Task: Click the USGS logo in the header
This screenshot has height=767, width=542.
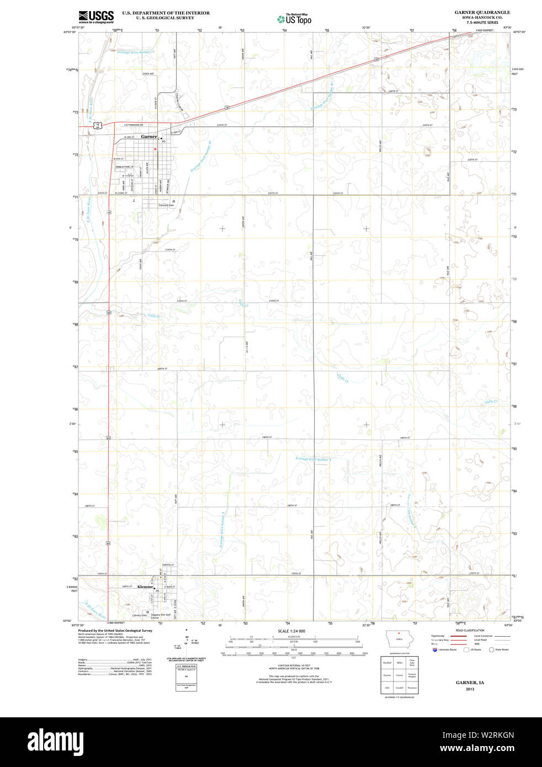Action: (x=96, y=16)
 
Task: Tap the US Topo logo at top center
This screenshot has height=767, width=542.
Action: (x=295, y=19)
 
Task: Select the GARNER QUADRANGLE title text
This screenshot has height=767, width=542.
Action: (x=482, y=12)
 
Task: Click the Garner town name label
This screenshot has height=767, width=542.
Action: (x=149, y=136)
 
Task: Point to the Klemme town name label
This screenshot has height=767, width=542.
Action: (x=145, y=587)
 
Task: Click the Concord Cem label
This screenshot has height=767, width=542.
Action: (x=166, y=205)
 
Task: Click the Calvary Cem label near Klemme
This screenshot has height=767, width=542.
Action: (x=140, y=615)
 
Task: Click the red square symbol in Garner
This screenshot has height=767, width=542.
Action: (x=156, y=148)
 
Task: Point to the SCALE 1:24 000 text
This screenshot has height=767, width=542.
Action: (x=291, y=631)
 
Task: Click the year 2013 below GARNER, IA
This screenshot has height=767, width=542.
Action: (x=470, y=689)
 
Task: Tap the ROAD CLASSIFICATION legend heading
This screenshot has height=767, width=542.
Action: (x=470, y=630)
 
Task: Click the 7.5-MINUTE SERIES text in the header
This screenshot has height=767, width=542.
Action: (x=482, y=23)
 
